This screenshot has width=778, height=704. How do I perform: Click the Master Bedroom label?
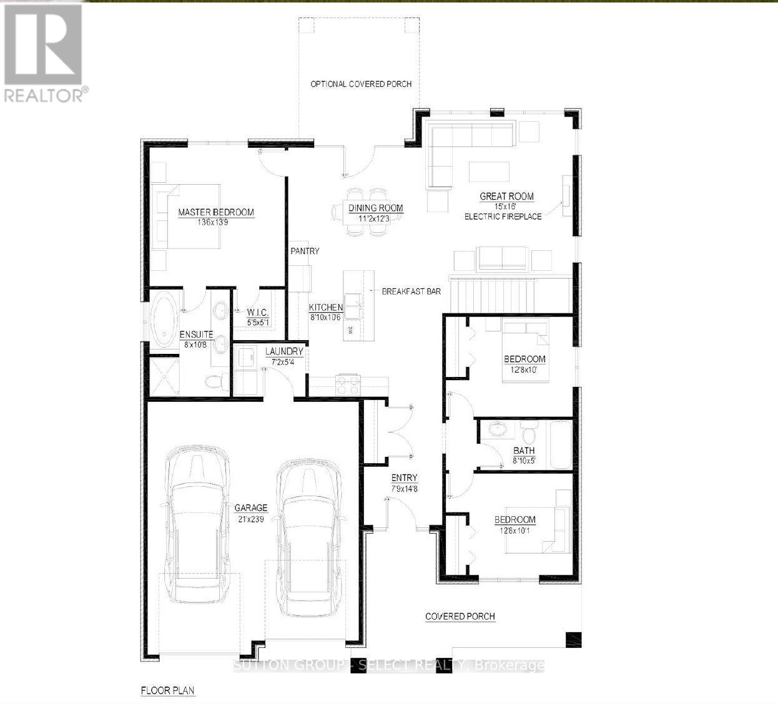click(x=216, y=212)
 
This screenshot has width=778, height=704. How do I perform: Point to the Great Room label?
click(x=506, y=197)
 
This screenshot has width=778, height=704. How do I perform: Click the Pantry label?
click(x=305, y=251)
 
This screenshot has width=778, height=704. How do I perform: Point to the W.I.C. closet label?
click(x=257, y=312)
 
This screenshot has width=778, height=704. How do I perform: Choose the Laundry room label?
click(x=284, y=351)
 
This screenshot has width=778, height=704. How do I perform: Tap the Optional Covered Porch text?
click(x=361, y=84)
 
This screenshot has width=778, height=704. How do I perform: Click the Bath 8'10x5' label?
click(x=524, y=451)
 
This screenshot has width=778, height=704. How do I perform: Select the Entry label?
click(x=404, y=478)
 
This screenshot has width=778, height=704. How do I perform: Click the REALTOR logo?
click(x=44, y=51)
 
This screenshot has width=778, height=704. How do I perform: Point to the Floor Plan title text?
click(x=167, y=691)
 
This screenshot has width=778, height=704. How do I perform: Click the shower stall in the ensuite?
click(x=162, y=376)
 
